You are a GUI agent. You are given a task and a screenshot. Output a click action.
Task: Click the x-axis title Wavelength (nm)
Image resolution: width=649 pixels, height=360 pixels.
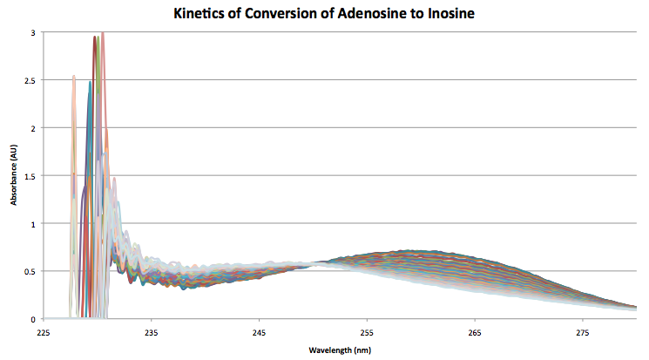339,350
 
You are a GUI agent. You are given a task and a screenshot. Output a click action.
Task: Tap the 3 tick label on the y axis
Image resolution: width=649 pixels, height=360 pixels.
32,33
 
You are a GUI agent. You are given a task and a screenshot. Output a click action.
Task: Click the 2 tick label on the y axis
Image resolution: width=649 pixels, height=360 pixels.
32,128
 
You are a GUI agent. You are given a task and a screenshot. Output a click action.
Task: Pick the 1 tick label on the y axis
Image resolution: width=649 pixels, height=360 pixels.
32,224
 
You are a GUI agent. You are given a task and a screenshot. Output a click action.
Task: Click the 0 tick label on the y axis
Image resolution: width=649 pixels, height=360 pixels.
32,319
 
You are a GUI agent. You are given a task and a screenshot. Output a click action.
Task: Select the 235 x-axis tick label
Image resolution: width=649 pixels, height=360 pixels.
151,332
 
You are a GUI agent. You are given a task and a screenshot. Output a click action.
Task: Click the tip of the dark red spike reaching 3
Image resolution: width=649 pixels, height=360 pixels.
95,37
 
